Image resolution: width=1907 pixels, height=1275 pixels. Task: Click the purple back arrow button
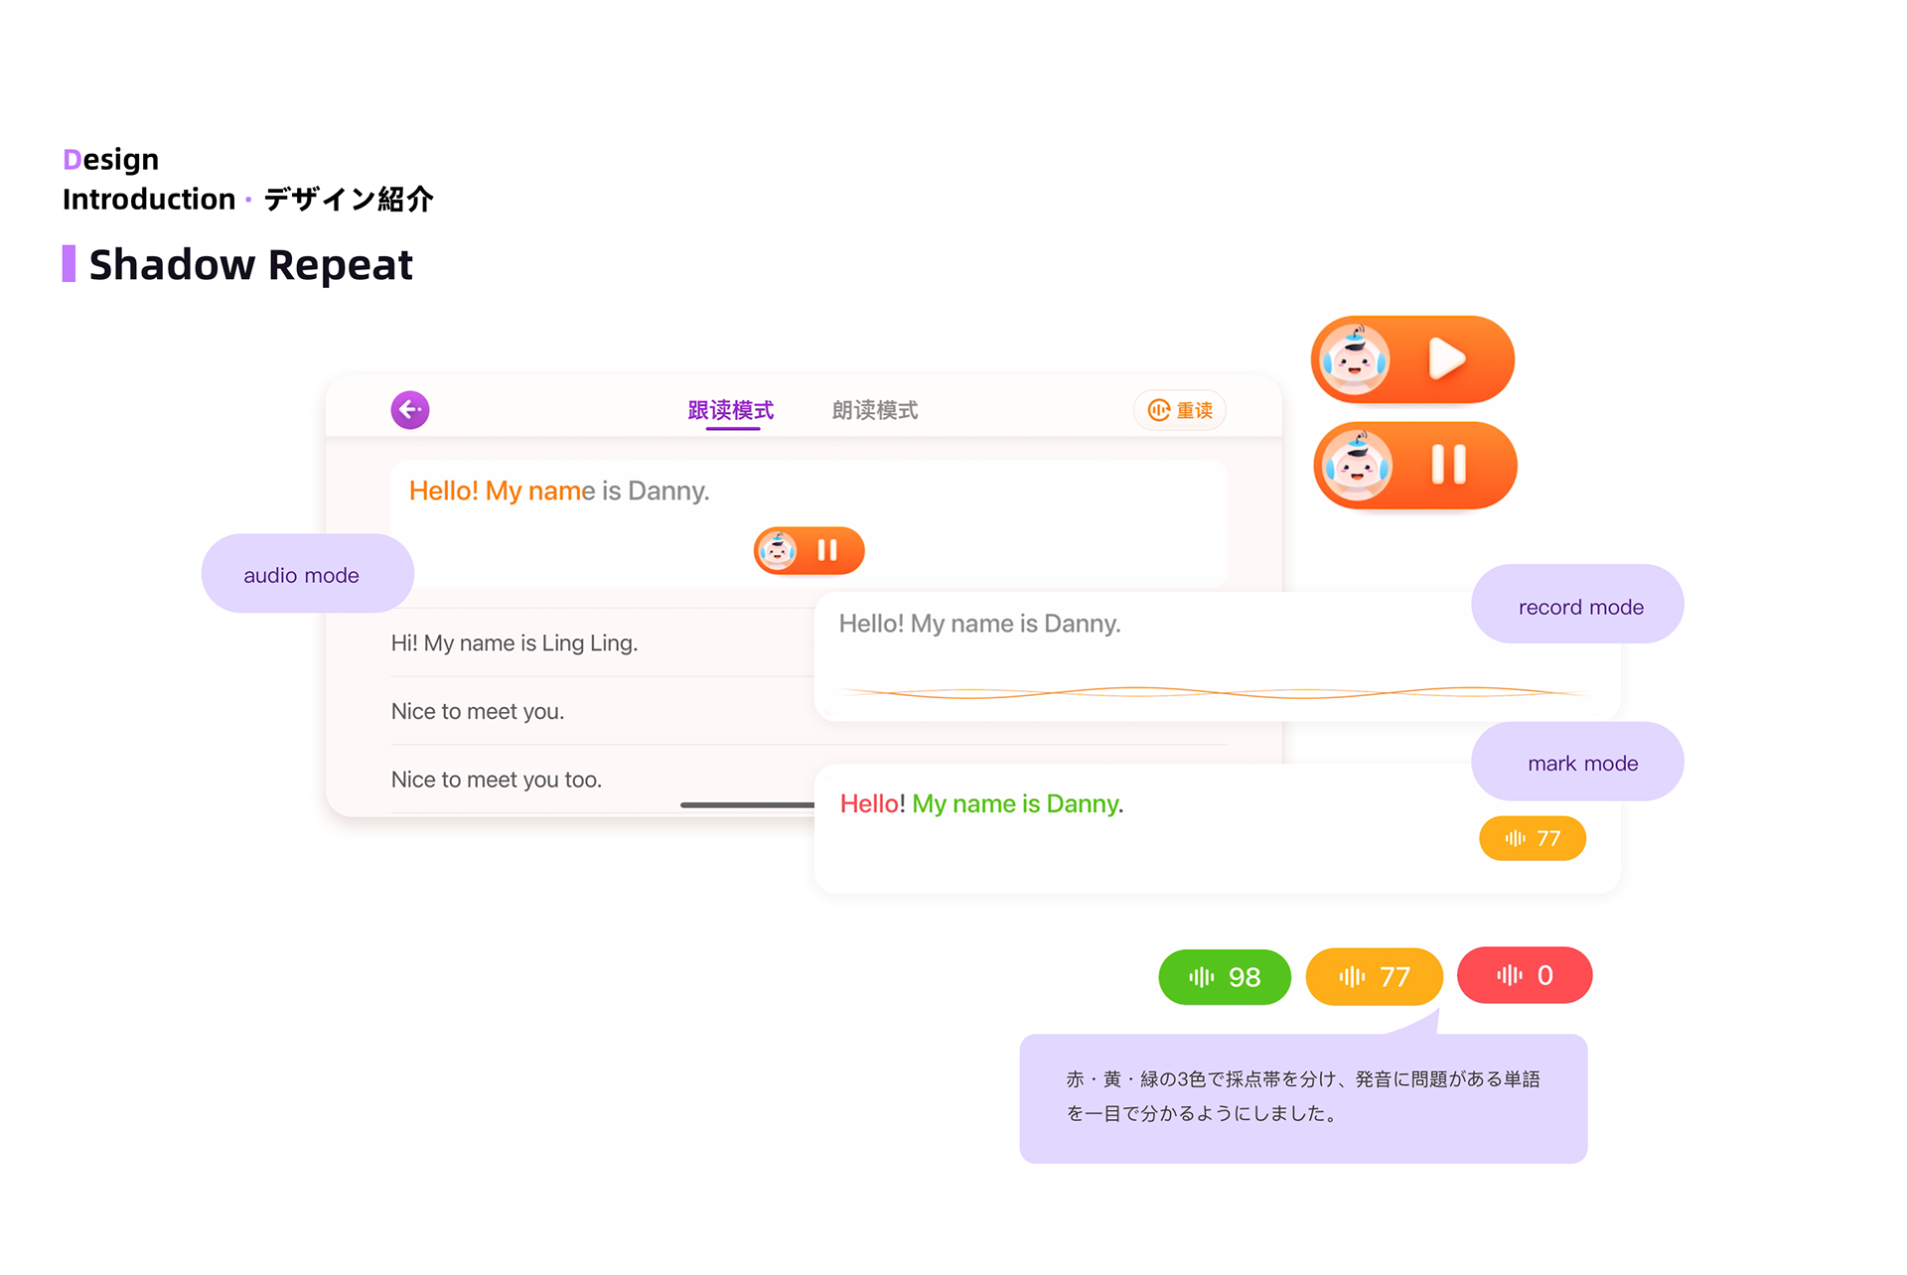click(x=409, y=409)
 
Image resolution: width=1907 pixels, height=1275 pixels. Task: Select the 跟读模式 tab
click(x=731, y=410)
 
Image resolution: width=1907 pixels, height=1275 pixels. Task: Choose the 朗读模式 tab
click(x=874, y=410)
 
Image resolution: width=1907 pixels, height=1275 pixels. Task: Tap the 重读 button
click(x=1180, y=410)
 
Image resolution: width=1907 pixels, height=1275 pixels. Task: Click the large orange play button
click(x=1413, y=359)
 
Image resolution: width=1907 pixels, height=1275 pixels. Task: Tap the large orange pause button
click(x=1416, y=465)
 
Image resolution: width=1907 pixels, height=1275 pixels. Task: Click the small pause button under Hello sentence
click(x=809, y=550)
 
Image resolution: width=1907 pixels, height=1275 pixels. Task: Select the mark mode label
click(x=1579, y=762)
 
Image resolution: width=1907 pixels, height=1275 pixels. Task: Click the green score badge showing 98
click(x=1225, y=976)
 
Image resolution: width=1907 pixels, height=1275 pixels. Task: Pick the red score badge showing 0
click(x=1525, y=975)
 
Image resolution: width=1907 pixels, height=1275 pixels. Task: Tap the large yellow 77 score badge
click(x=1374, y=976)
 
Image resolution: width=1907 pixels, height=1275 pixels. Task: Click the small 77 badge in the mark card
click(x=1533, y=838)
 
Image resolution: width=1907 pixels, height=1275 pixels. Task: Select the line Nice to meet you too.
click(x=497, y=779)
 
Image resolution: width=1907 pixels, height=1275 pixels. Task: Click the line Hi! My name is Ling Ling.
click(x=514, y=642)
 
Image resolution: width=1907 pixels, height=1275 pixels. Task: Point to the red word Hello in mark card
click(x=869, y=803)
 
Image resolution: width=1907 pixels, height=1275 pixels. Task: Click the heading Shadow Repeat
click(x=250, y=265)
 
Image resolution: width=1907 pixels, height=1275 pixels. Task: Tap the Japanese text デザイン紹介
click(x=349, y=199)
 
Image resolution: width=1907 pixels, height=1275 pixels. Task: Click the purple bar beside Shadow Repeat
click(x=69, y=264)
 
